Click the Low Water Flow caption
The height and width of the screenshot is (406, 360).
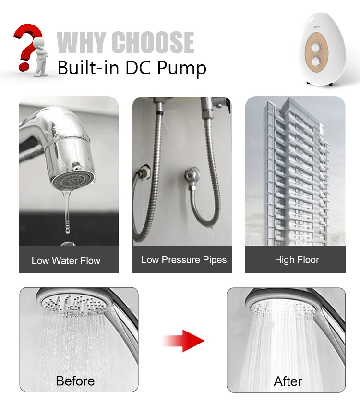coord(66,261)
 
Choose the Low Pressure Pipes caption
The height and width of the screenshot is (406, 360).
coord(184,260)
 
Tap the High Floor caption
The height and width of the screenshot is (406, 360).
coord(297,260)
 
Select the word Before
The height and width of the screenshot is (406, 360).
coord(75,381)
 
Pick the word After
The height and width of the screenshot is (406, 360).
coord(288,381)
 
